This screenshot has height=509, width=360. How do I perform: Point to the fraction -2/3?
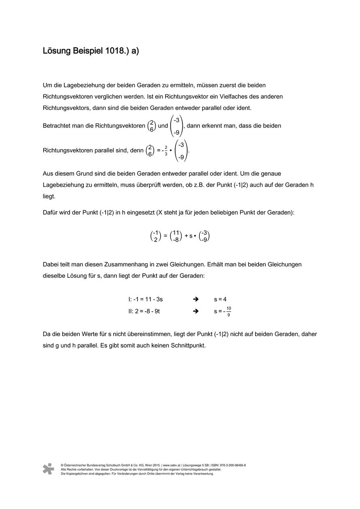165,150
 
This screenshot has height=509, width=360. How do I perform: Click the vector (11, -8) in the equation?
176,236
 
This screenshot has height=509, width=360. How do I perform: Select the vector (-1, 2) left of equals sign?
155,236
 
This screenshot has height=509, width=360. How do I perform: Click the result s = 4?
220,300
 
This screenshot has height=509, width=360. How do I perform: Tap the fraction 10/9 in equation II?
229,311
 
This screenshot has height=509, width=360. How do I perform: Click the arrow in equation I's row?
196,300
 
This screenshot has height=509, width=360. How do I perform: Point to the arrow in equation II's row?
196,311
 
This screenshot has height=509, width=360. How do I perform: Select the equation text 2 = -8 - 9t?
148,311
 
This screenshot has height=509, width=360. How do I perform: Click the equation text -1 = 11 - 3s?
148,300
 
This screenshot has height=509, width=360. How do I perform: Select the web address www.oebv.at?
172,465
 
